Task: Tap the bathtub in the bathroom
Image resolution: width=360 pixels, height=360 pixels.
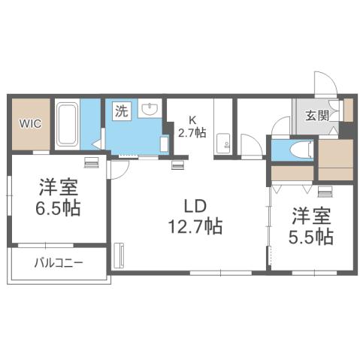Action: coord(68,125)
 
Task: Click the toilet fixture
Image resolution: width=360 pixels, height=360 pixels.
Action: coord(301,150)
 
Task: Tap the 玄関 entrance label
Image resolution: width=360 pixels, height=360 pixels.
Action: coord(316,116)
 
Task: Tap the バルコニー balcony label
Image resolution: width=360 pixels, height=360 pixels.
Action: coord(59,263)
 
